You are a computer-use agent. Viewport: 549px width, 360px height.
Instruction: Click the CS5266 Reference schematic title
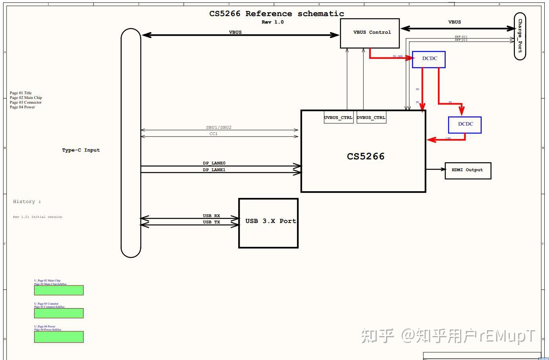tap(276, 14)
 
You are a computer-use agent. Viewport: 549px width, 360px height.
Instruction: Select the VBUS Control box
tap(370, 33)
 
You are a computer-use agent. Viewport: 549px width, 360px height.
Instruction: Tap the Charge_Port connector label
tap(520, 36)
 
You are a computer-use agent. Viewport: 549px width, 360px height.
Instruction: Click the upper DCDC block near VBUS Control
tap(429, 59)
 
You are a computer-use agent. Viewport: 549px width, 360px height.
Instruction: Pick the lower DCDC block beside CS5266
tap(465, 124)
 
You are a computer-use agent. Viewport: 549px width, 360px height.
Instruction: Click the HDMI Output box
tap(467, 170)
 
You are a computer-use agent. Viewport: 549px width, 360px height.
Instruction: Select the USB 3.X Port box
tap(268, 223)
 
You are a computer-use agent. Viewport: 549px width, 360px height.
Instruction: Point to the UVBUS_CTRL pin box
tap(338, 117)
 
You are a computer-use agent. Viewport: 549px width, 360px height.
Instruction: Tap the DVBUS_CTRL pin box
tap(371, 117)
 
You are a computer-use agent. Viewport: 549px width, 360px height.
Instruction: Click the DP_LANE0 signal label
tap(214, 163)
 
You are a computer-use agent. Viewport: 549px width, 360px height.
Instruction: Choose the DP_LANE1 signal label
tap(214, 170)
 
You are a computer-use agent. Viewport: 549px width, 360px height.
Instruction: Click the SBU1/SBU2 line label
tap(219, 127)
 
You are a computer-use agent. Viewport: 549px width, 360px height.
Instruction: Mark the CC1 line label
tap(213, 133)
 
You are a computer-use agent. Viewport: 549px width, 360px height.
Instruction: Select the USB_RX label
tap(211, 216)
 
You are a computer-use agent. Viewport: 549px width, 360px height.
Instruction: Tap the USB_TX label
tap(211, 222)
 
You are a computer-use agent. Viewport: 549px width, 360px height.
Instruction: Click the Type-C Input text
tap(81, 150)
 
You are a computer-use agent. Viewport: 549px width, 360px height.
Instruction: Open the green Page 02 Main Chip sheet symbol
tap(58, 290)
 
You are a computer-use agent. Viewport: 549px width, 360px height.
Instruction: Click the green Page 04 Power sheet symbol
tap(58, 336)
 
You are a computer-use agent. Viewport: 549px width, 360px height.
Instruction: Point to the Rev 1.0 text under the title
tap(272, 22)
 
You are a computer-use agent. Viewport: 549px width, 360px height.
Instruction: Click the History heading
tap(27, 201)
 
